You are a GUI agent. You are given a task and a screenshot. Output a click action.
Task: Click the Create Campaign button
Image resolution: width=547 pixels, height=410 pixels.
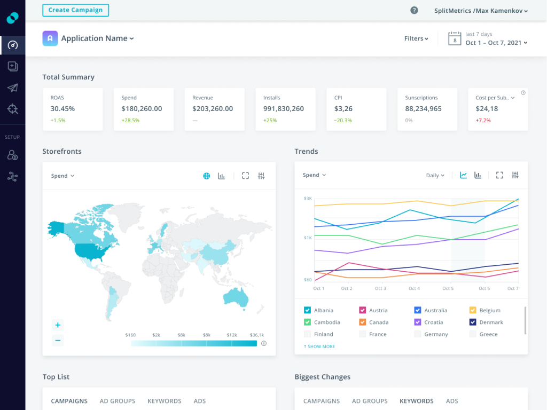(x=75, y=10)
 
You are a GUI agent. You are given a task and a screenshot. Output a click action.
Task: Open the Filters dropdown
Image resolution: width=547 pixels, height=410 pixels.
(x=416, y=38)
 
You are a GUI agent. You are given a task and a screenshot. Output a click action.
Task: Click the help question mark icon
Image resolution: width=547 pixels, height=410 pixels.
(x=414, y=10)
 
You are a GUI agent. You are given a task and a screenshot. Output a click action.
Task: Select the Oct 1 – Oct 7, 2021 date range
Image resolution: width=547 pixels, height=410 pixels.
(x=496, y=43)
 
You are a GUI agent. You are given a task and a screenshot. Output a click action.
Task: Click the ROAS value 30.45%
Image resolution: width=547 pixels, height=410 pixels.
(x=62, y=109)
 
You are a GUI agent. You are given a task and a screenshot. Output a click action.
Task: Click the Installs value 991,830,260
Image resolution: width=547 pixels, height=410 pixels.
(x=284, y=109)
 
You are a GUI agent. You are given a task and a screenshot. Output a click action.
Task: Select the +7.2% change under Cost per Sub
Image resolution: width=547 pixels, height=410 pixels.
(x=483, y=121)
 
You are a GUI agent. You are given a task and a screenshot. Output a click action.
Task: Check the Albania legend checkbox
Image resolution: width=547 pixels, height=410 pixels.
(x=308, y=310)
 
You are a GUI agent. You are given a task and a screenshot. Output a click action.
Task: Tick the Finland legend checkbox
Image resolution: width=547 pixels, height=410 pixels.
(x=308, y=334)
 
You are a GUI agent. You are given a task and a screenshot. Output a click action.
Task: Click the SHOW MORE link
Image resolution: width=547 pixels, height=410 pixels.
(x=319, y=346)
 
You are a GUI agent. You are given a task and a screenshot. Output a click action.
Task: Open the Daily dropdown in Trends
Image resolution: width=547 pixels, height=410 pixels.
(x=435, y=175)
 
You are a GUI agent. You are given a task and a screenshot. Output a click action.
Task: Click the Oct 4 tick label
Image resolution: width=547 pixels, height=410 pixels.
(x=414, y=288)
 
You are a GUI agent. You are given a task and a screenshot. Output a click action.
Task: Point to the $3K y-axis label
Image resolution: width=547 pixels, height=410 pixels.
(x=308, y=198)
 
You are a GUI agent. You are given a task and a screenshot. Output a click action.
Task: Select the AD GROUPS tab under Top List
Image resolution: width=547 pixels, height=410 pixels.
(x=118, y=401)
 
